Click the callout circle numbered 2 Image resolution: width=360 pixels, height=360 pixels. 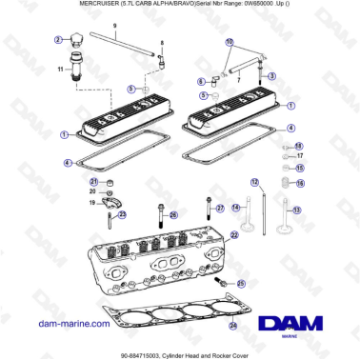pyautogui.click(x=57, y=40)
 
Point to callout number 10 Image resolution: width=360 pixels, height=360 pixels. pyautogui.click(x=230, y=43)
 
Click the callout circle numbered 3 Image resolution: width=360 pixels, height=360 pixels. pyautogui.click(x=272, y=76)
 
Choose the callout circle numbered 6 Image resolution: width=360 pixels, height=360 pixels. pyautogui.click(x=201, y=81)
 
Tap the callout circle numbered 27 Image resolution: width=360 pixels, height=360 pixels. pyautogui.click(x=220, y=208)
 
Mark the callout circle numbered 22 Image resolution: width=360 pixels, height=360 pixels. pyautogui.click(x=234, y=234)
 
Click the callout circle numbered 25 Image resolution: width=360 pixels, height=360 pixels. pyautogui.click(x=241, y=284)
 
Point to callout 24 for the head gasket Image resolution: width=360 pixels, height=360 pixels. pyautogui.click(x=233, y=325)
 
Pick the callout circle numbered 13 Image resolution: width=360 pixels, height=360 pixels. pyautogui.click(x=297, y=210)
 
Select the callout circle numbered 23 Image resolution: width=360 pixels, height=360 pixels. pyautogui.click(x=121, y=214)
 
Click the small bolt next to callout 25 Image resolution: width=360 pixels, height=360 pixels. pyautogui.click(x=224, y=283)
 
